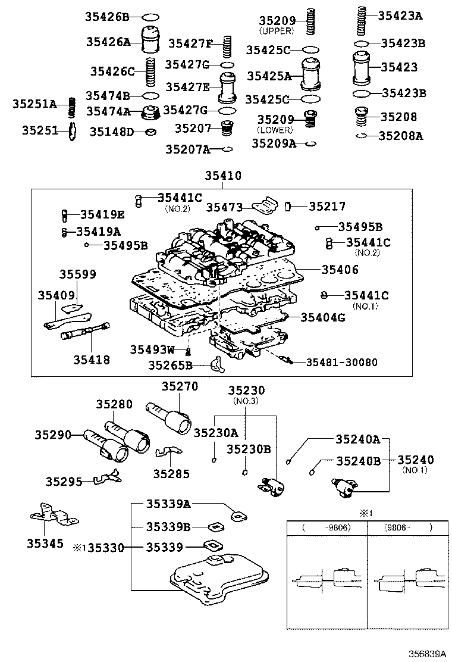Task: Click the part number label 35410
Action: tap(223, 176)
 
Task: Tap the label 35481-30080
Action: tap(341, 362)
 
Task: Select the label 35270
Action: tap(180, 386)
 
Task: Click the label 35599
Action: tap(77, 274)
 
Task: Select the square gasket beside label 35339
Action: tap(211, 545)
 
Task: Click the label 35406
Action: tap(340, 270)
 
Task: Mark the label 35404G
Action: tap(323, 317)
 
